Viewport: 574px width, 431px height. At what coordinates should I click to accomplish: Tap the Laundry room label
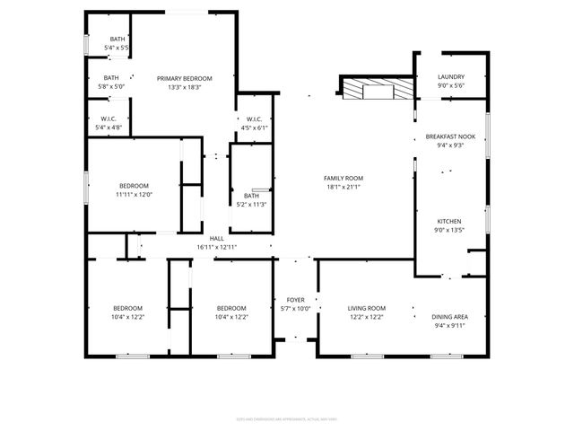click(451, 77)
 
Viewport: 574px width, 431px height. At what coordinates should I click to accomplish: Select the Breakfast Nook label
click(450, 136)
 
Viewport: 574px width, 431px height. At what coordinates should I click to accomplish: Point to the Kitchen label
click(449, 221)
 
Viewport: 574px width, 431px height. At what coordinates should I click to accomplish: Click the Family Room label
click(343, 178)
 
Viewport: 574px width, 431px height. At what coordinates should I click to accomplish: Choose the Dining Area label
click(449, 317)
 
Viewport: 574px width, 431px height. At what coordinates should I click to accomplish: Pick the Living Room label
click(366, 308)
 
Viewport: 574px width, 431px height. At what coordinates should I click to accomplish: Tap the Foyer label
click(296, 300)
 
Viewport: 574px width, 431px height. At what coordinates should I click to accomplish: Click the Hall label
click(216, 238)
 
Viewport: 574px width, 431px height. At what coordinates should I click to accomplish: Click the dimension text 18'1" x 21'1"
click(343, 187)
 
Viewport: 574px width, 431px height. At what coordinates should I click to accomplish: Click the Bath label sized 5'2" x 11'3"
click(251, 196)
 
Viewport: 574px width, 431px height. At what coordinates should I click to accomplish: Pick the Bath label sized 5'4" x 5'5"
click(117, 39)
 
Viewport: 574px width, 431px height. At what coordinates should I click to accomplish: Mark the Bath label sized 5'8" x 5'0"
click(110, 78)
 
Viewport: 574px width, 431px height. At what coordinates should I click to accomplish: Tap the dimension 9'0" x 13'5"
click(449, 230)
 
